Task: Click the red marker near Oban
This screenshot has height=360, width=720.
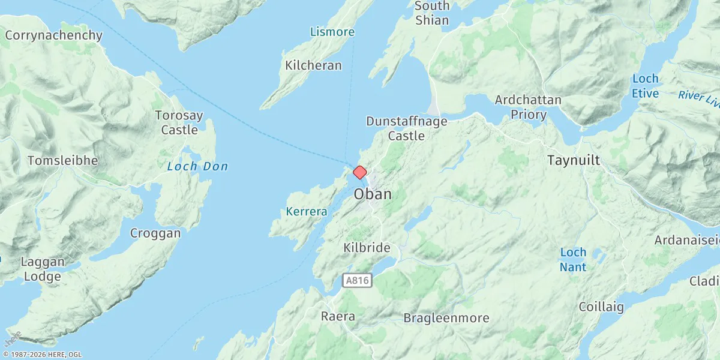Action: click(x=359, y=173)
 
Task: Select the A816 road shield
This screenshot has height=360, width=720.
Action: click(x=358, y=280)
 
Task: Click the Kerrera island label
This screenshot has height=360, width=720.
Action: click(x=307, y=212)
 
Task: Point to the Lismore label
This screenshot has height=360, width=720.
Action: click(x=332, y=32)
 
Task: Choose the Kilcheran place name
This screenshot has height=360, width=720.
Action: click(x=313, y=65)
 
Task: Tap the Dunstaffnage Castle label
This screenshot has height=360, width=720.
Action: click(x=407, y=128)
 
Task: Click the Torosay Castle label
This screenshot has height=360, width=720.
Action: click(x=179, y=122)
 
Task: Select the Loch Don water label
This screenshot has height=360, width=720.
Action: click(x=197, y=166)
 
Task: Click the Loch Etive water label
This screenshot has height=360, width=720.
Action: click(x=645, y=86)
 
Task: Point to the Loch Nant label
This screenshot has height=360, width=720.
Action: click(x=573, y=259)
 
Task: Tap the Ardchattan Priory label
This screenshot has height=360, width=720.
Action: click(x=528, y=107)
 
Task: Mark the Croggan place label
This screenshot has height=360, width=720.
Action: click(x=155, y=233)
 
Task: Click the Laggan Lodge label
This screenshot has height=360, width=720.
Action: click(x=41, y=269)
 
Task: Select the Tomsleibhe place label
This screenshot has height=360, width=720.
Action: click(x=63, y=161)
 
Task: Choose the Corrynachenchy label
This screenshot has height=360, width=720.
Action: click(x=54, y=35)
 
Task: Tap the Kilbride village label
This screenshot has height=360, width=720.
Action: click(x=367, y=248)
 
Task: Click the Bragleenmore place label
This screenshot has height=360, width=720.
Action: click(x=446, y=318)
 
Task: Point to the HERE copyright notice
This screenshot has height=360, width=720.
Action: click(x=41, y=355)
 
